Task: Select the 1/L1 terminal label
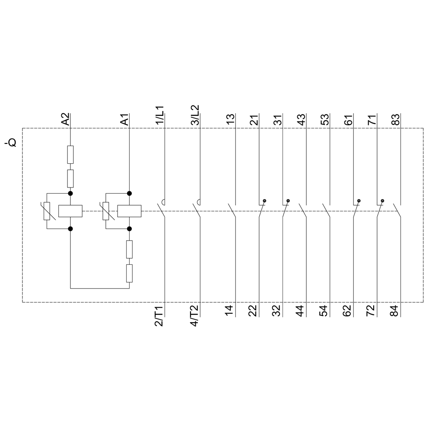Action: click(160, 115)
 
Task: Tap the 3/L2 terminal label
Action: click(195, 115)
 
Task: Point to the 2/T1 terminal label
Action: click(159, 316)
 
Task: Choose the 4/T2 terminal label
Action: click(194, 316)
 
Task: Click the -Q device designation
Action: click(11, 143)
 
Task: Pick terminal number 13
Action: click(231, 119)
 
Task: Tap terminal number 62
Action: click(347, 311)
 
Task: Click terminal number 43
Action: click(302, 119)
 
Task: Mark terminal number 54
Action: click(324, 311)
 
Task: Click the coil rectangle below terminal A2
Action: click(70, 211)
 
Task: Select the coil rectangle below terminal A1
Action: click(129, 211)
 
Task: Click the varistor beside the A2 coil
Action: click(47, 211)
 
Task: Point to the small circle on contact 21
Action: click(265, 200)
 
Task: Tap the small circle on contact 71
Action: click(382, 200)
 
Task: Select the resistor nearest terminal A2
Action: click(70, 155)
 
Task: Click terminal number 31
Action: click(278, 119)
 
